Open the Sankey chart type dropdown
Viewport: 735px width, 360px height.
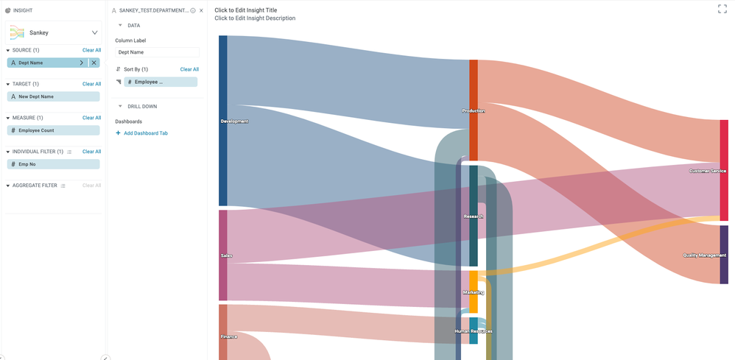click(x=94, y=32)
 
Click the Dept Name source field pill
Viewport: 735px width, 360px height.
click(x=41, y=63)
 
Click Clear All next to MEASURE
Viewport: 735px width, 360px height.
click(x=91, y=118)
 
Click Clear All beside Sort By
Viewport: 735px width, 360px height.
click(x=189, y=69)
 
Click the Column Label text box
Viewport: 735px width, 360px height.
click(x=157, y=53)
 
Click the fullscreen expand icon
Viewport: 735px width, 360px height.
click(x=722, y=9)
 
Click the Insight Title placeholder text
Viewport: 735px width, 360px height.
click(x=245, y=10)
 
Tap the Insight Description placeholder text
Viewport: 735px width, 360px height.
click(x=255, y=18)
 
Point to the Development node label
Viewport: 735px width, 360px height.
click(x=235, y=121)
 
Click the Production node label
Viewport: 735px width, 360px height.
click(x=474, y=111)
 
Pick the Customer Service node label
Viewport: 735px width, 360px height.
click(x=708, y=171)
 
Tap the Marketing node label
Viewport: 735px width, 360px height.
click(x=474, y=292)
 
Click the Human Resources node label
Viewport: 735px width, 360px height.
click(x=474, y=331)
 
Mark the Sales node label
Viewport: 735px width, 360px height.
click(x=226, y=255)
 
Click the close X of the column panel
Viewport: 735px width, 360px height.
click(x=201, y=11)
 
